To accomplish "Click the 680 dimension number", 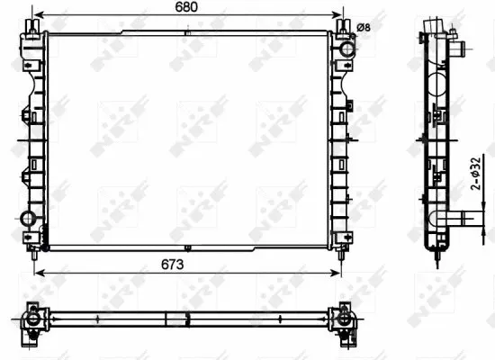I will (x=186, y=8).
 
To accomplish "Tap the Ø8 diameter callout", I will (x=364, y=28).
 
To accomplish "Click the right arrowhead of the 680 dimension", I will (x=342, y=16).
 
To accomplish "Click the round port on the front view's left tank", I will (x=30, y=219).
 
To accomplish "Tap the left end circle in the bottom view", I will (x=33, y=319).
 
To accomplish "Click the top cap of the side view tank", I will (x=436, y=22).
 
